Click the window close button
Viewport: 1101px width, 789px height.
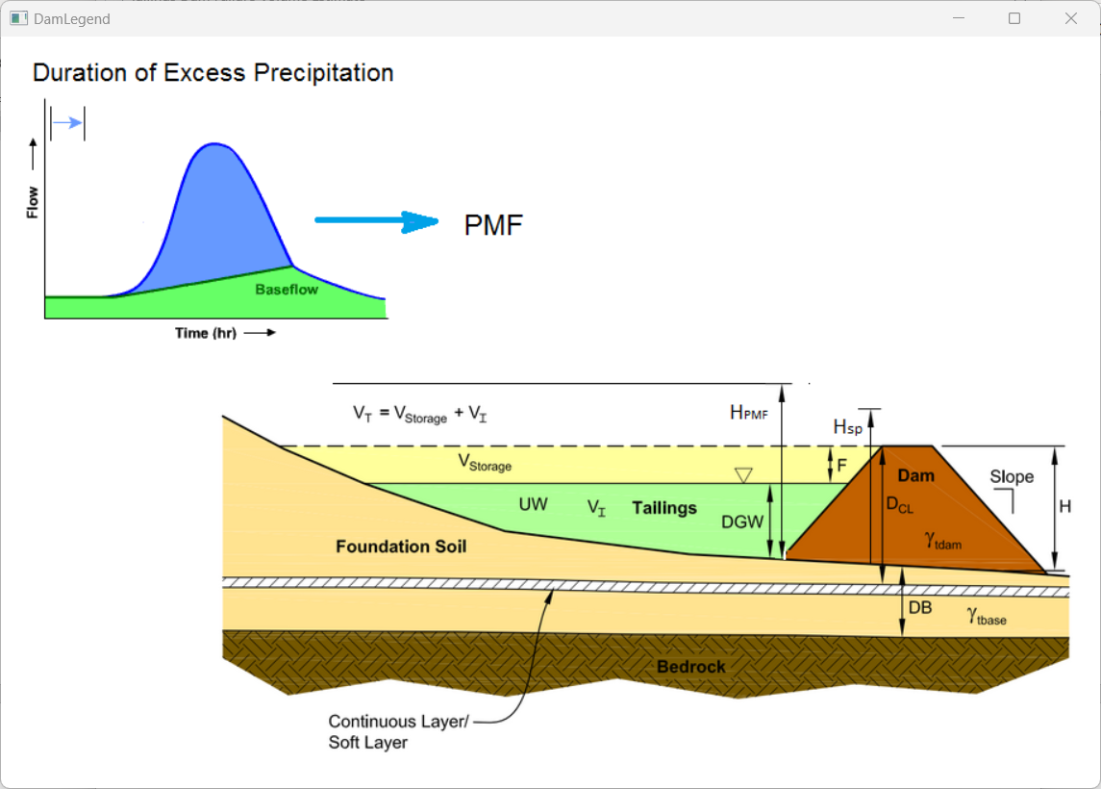1070,18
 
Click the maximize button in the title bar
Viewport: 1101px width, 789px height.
1014,18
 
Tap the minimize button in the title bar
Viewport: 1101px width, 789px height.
958,18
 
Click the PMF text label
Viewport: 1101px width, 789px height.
493,225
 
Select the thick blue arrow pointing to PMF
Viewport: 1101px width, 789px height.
376,221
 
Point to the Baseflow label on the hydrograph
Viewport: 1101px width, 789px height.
287,289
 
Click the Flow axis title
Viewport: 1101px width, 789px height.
33,202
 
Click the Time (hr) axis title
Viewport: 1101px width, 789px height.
205,333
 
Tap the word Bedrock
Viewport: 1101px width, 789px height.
691,667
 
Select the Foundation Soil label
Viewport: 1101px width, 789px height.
401,547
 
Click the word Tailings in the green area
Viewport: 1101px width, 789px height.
664,507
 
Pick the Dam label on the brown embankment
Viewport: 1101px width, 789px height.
915,475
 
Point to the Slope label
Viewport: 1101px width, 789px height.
1012,476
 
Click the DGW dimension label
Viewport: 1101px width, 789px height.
742,522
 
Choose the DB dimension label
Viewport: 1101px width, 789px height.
920,607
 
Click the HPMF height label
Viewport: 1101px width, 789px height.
749,412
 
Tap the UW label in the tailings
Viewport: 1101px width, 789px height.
534,504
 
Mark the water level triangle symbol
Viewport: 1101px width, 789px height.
743,475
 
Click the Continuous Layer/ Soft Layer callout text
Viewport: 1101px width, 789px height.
398,731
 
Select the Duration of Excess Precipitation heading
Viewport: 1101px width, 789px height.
213,72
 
